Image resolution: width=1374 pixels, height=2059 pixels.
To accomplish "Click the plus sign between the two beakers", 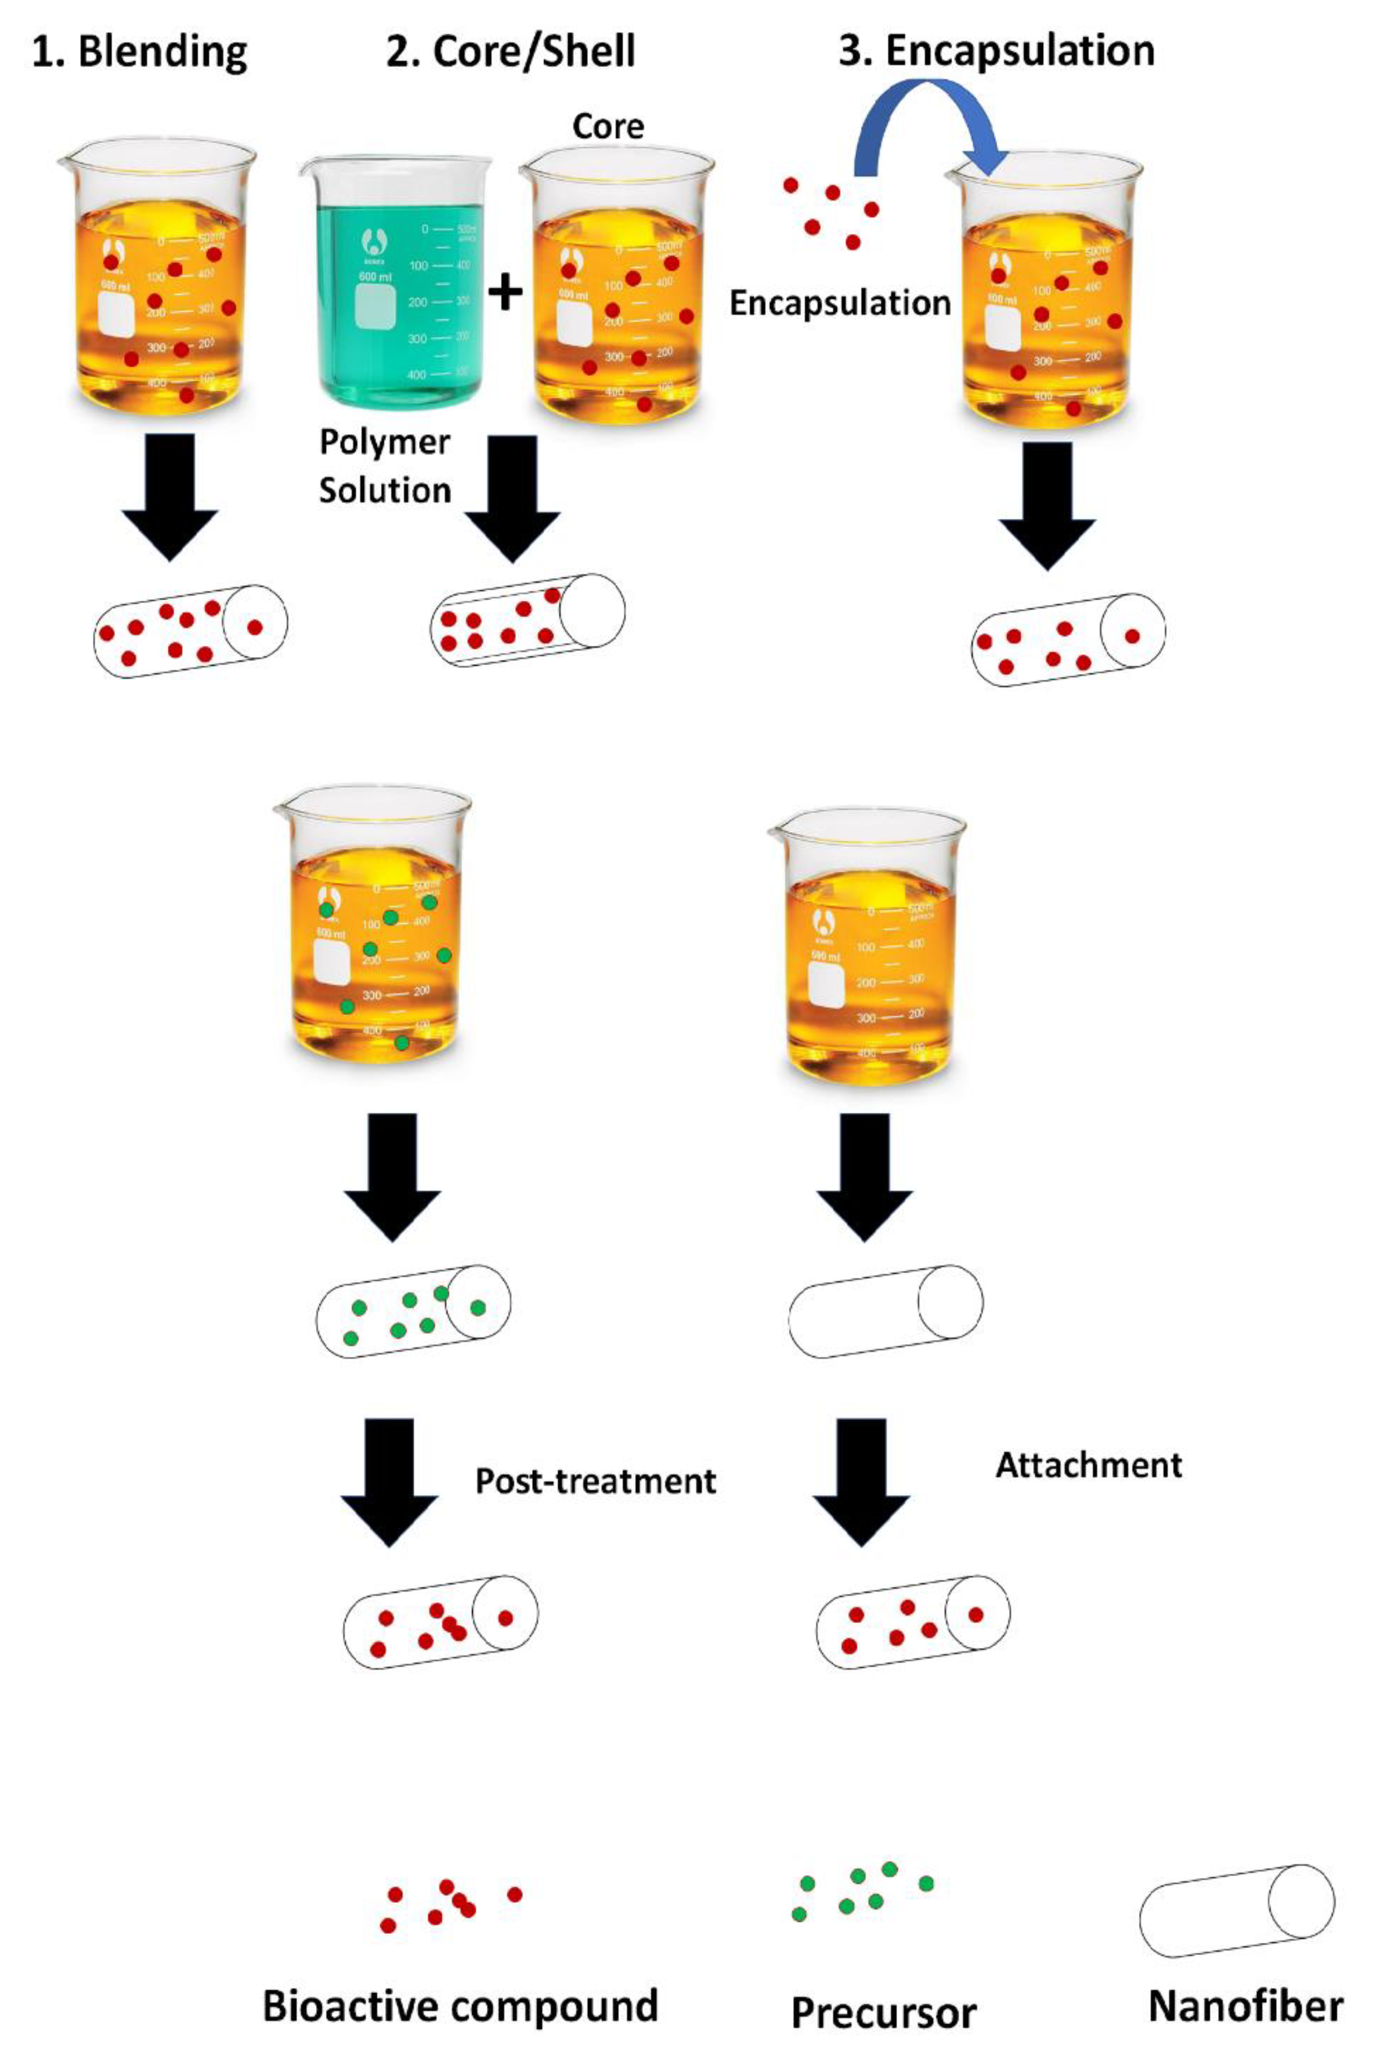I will (x=505, y=292).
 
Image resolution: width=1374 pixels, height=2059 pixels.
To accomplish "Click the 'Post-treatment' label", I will (x=595, y=1481).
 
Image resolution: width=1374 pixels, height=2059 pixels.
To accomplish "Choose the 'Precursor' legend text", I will (x=883, y=2012).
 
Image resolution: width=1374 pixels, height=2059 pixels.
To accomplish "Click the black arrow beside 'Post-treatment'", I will (x=389, y=1481).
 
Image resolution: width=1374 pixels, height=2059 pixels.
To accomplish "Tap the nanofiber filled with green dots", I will (x=413, y=1311).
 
